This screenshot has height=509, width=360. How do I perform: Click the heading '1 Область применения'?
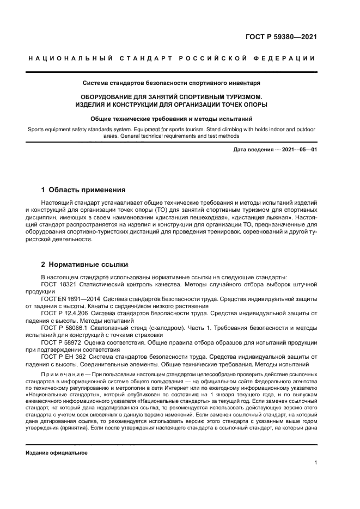83,190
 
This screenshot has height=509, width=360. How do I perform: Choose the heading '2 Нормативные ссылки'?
85,265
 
